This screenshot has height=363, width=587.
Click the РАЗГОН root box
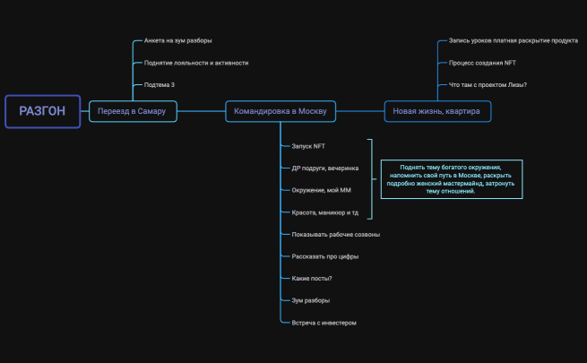[43, 111]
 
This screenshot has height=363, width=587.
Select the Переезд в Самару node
[133, 111]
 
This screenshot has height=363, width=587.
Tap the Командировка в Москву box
[281, 111]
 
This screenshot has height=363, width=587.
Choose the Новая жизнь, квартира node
[437, 111]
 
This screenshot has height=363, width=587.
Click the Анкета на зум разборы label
[177, 40]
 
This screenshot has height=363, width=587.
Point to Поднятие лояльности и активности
[196, 63]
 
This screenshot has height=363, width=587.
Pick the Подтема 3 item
[160, 85]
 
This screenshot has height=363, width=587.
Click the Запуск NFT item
[308, 146]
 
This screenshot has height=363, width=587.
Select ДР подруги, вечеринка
[325, 169]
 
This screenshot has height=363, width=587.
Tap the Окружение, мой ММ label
[321, 190]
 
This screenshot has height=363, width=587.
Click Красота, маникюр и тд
[325, 212]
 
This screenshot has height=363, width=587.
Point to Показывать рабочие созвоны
[336, 235]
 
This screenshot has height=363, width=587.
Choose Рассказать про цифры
[325, 256]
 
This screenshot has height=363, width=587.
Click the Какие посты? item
[312, 279]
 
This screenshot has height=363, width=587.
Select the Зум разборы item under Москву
[311, 300]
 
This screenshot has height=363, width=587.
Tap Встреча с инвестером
[324, 323]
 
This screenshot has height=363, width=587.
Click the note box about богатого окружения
[452, 179]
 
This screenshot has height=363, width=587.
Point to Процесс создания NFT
[482, 63]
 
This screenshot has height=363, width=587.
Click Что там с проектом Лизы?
[488, 85]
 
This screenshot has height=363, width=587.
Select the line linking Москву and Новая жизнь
[360, 111]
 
